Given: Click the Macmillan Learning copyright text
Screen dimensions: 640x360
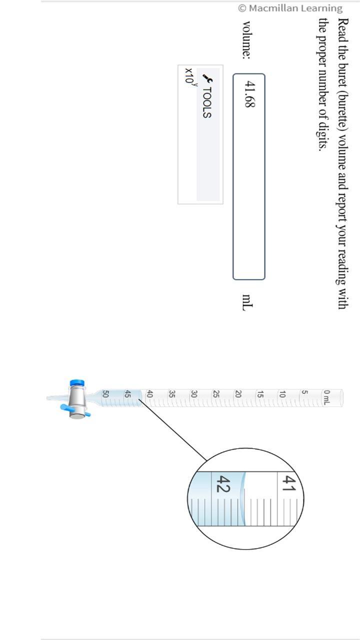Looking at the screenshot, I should pos(290,8).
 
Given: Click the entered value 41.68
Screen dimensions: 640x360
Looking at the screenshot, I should pos(249,95).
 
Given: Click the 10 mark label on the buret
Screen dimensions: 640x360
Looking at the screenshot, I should pos(282,394).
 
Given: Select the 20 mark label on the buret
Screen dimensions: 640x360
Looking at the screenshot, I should pos(238,394).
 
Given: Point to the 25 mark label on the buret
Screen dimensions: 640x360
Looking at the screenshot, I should pos(216,394).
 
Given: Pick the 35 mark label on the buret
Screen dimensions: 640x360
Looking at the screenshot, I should pos(172,394).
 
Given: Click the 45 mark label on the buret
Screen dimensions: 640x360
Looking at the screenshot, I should pos(127,394).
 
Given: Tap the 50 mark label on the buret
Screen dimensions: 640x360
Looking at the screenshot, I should pos(105,394).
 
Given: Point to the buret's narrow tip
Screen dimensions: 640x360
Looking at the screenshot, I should pos(52,398).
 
